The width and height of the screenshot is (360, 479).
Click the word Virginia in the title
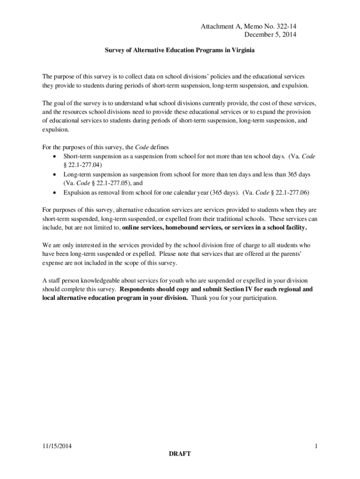pyautogui.click(x=240, y=50)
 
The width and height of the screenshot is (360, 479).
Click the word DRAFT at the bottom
pyautogui.click(x=180, y=455)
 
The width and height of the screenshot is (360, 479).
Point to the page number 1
pyautogui.click(x=316, y=446)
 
